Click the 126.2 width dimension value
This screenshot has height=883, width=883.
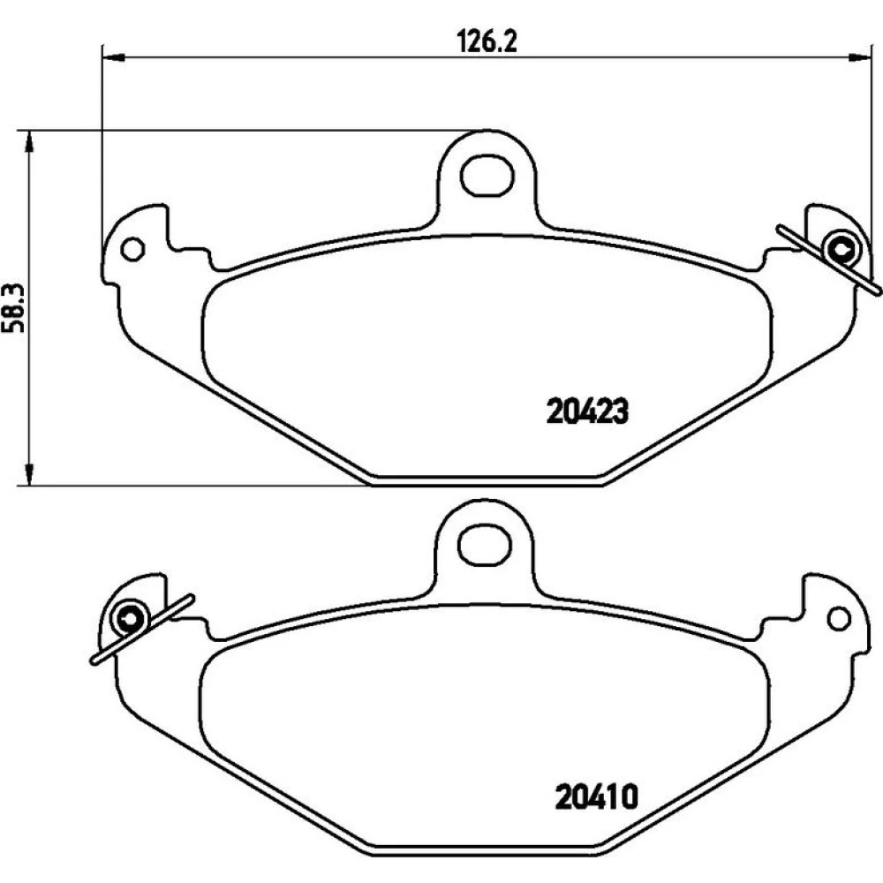486,42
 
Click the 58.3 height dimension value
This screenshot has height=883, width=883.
14,307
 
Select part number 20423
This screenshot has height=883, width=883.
587,411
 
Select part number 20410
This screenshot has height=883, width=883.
596,796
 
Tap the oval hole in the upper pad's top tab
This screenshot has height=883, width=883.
487,176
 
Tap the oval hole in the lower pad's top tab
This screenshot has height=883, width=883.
485,545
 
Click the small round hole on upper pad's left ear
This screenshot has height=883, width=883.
133,248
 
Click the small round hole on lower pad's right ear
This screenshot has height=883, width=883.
839,618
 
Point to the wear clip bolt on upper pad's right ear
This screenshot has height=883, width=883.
841,249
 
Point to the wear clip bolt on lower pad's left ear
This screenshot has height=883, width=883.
130,618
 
